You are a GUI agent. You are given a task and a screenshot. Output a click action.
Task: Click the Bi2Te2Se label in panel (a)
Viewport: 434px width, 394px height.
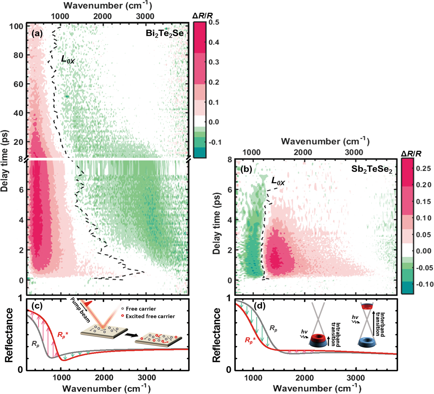[165, 34]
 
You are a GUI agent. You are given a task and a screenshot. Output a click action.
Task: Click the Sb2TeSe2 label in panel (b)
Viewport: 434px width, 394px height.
[372, 170]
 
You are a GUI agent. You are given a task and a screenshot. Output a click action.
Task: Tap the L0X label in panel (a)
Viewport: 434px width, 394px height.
[68, 60]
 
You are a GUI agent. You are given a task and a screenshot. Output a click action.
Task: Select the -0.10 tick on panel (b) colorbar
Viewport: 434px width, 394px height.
[425, 284]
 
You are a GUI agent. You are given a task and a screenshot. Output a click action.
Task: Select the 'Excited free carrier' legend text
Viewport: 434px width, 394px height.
[150, 316]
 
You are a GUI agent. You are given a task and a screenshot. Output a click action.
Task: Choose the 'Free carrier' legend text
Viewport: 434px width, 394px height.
[141, 309]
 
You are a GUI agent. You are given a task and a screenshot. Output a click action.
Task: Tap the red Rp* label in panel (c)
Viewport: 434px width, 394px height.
[63, 335]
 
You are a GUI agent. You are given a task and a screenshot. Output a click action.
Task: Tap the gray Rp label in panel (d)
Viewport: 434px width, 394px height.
[273, 328]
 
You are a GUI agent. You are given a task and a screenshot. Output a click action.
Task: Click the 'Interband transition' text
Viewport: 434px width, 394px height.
[380, 324]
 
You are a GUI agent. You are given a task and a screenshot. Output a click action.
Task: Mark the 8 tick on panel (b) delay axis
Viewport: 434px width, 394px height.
[230, 159]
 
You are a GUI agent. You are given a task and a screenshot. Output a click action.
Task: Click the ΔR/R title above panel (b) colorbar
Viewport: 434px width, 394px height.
[411, 154]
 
